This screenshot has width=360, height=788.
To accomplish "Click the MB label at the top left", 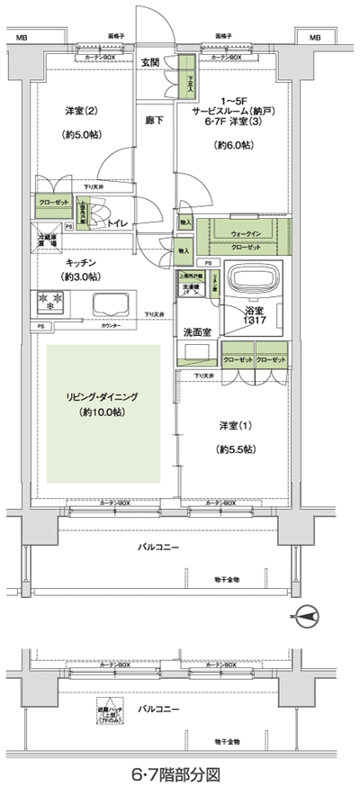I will click(x=22, y=38).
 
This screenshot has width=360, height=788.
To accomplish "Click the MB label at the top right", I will click(x=315, y=38).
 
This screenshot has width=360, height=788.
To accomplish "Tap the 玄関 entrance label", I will click(x=152, y=63).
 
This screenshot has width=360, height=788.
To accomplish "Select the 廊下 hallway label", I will click(x=154, y=119).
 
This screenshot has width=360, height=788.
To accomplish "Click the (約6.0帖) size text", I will click(x=231, y=144).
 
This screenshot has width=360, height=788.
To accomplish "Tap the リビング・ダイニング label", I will click(x=100, y=396).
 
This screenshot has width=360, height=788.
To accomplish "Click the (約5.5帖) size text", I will click(x=236, y=448).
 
